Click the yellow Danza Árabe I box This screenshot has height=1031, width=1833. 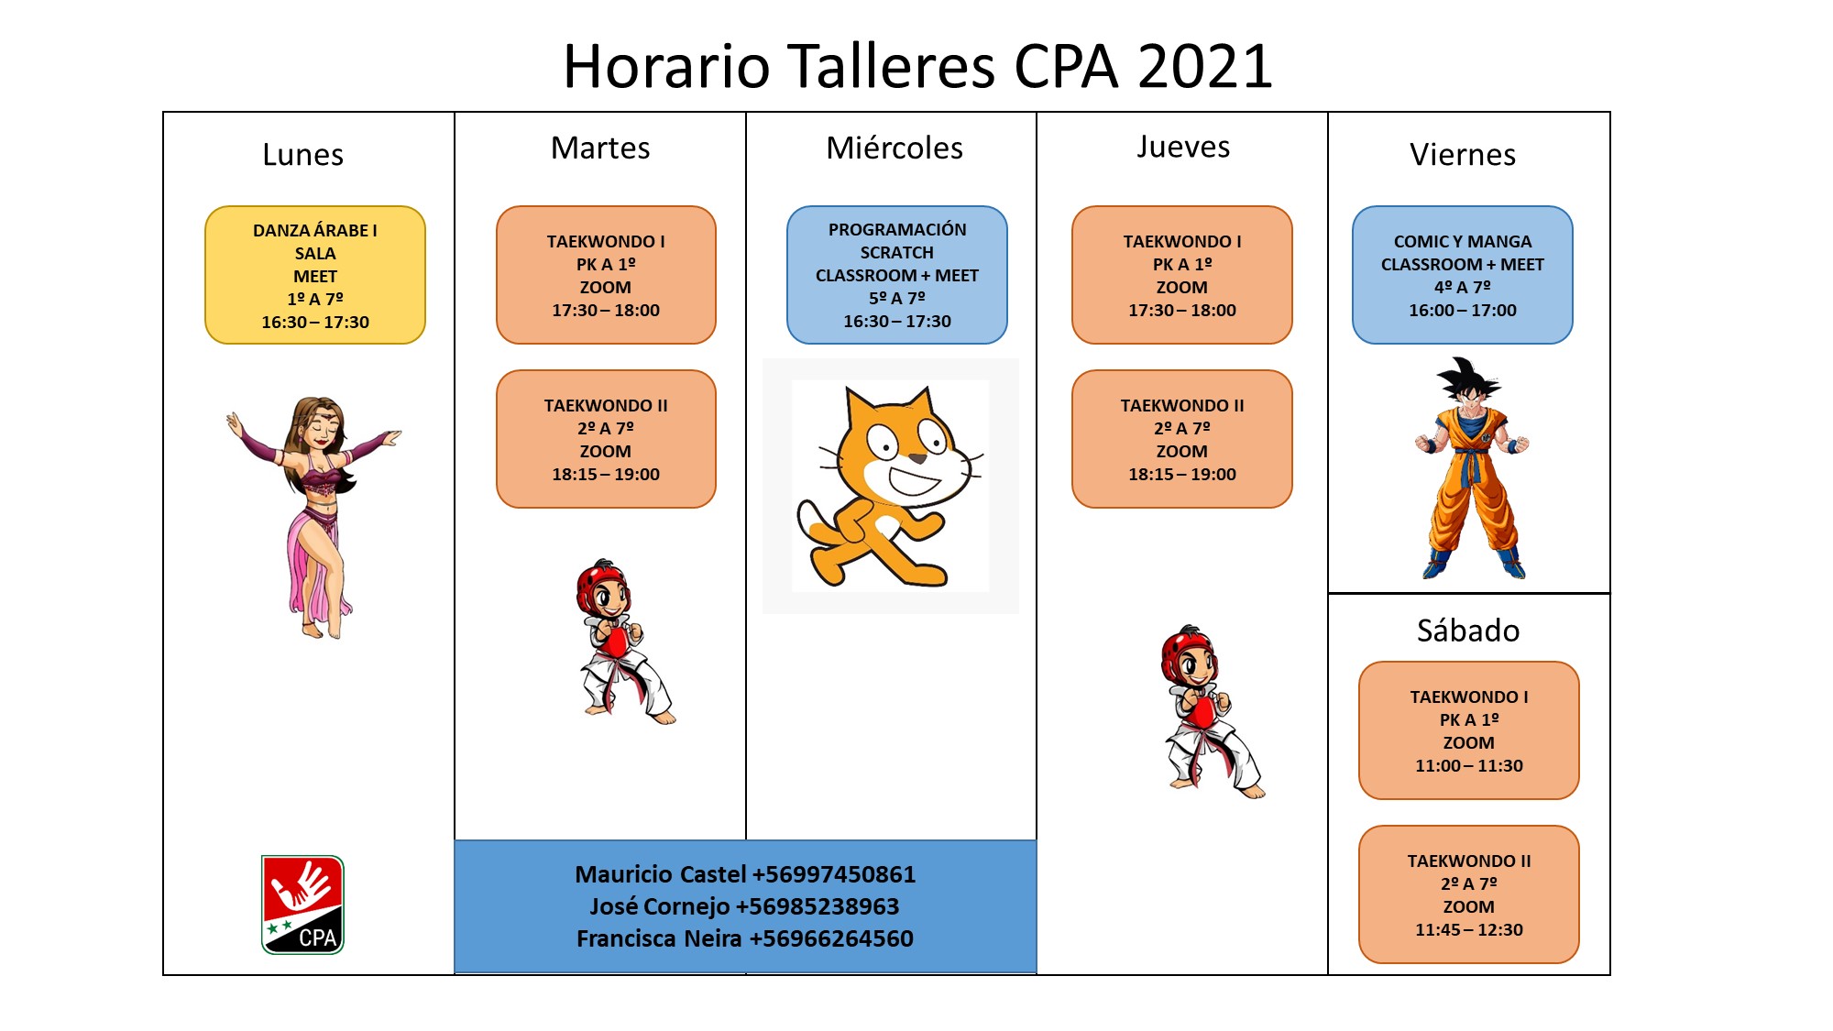click(315, 275)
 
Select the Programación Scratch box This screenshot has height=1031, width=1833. click(897, 275)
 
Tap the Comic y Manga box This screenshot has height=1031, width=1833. click(1463, 275)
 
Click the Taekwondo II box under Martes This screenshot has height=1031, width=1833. click(606, 439)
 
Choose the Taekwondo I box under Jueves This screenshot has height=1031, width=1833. click(1182, 275)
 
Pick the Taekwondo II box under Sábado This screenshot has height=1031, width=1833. click(1469, 894)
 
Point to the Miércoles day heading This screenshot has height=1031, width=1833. click(895, 148)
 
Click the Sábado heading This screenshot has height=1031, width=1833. click(1468, 631)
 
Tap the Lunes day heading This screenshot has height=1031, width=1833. click(303, 154)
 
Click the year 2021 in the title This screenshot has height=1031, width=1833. click(1205, 66)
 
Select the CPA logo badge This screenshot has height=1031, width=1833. click(302, 905)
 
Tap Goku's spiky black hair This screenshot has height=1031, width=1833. click(1469, 378)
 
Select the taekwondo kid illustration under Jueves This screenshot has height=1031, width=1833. click(1212, 712)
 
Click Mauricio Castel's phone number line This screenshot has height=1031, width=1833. click(745, 874)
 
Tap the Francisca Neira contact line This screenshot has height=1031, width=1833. click(745, 938)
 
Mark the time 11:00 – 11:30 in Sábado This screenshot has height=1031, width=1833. click(1469, 765)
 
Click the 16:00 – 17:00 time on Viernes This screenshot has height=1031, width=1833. click(1463, 311)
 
